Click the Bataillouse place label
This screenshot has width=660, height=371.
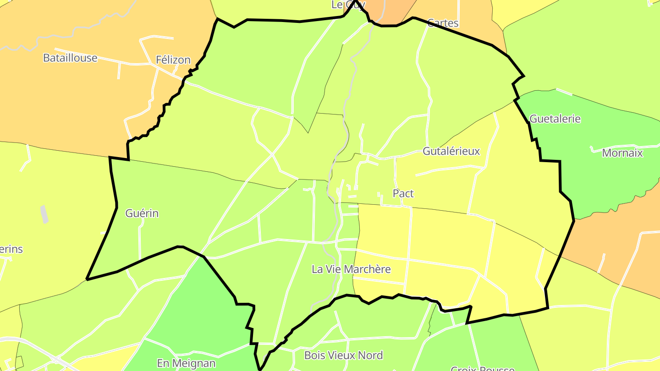coord(70,58)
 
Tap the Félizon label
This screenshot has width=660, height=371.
coord(173,60)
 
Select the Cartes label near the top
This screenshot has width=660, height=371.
coord(443,23)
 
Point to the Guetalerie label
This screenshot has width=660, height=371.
coord(555,119)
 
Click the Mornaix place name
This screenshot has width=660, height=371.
coord(622,153)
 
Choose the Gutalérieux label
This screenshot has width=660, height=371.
coord(451,151)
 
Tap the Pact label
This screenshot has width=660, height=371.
coord(403,194)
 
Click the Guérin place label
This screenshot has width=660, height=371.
coord(142,213)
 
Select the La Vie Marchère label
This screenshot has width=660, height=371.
coord(351,269)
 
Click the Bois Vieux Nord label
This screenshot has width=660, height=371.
coord(343,355)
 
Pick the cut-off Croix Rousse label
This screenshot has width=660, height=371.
coord(482,368)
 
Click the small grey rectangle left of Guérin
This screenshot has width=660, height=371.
coord(44,214)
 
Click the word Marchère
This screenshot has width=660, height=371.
coord(367,269)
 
